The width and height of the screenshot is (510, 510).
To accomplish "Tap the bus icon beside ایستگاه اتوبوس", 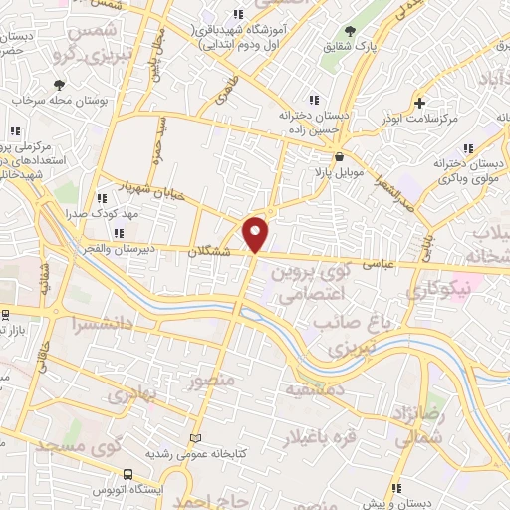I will (x=127, y=475).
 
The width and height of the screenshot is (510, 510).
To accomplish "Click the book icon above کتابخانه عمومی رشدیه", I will (x=195, y=438).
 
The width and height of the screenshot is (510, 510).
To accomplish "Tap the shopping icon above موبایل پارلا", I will (x=339, y=156).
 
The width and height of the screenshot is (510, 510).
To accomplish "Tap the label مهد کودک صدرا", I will (x=99, y=213).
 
